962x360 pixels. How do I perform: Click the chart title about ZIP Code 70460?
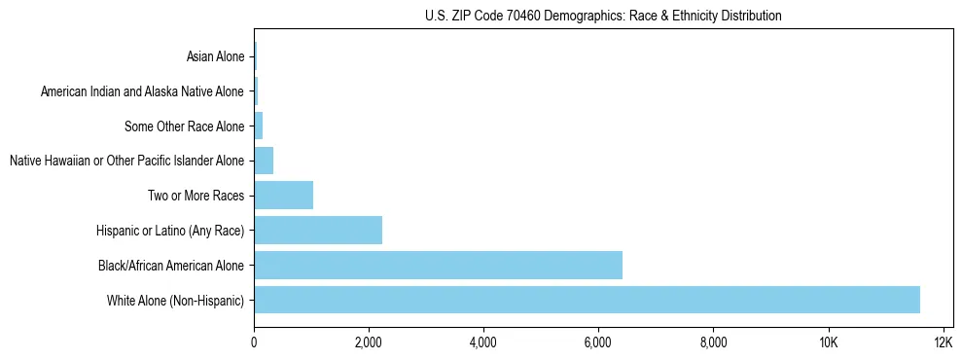(x=603, y=16)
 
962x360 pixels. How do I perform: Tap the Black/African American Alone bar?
(x=438, y=265)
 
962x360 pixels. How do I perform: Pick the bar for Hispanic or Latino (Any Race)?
(x=318, y=230)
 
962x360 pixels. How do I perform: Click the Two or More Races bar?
(x=283, y=195)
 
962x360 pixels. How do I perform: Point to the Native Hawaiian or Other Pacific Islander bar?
(x=264, y=160)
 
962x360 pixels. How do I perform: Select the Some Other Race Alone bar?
(x=258, y=126)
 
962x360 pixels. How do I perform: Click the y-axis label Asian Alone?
(x=216, y=56)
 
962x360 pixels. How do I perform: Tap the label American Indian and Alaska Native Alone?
(x=143, y=91)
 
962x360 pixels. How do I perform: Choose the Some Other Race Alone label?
(x=185, y=126)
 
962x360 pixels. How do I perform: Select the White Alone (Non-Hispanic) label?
(x=176, y=300)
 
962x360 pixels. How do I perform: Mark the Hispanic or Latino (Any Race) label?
(x=170, y=230)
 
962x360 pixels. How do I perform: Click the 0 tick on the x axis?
(x=254, y=342)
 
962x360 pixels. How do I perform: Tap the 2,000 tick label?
(x=369, y=342)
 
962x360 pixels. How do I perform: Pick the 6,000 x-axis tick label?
(x=598, y=342)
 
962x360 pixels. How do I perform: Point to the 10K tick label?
(x=828, y=342)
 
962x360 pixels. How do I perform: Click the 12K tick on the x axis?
(x=943, y=342)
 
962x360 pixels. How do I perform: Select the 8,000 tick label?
(x=713, y=342)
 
